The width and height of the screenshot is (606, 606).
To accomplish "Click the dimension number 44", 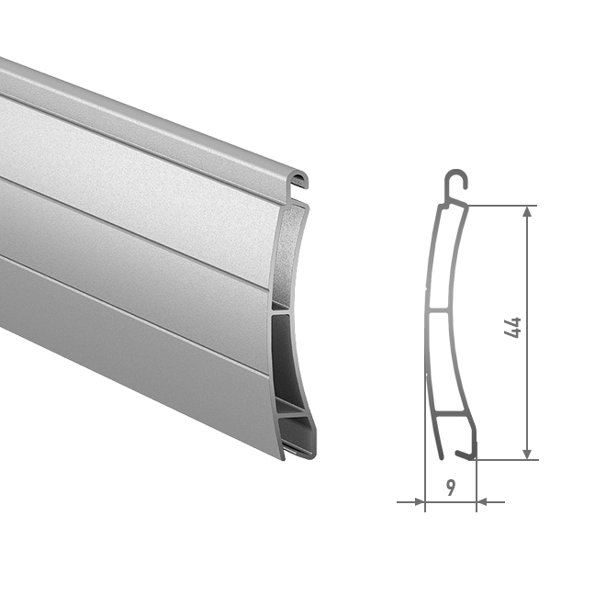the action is [x=513, y=328].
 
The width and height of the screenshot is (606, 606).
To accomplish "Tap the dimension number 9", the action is [x=451, y=488].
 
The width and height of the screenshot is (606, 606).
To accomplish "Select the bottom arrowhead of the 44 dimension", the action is [x=528, y=454].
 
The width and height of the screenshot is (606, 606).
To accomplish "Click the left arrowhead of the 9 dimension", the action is [x=420, y=502].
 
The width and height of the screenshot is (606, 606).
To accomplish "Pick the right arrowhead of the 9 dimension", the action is [x=481, y=502].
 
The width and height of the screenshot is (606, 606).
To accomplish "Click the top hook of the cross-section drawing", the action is [x=456, y=182].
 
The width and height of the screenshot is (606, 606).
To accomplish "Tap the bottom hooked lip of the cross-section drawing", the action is [x=466, y=453].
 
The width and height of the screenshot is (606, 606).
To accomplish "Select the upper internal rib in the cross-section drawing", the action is [x=439, y=310].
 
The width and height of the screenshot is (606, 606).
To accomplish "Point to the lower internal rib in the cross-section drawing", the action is [x=450, y=413].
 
